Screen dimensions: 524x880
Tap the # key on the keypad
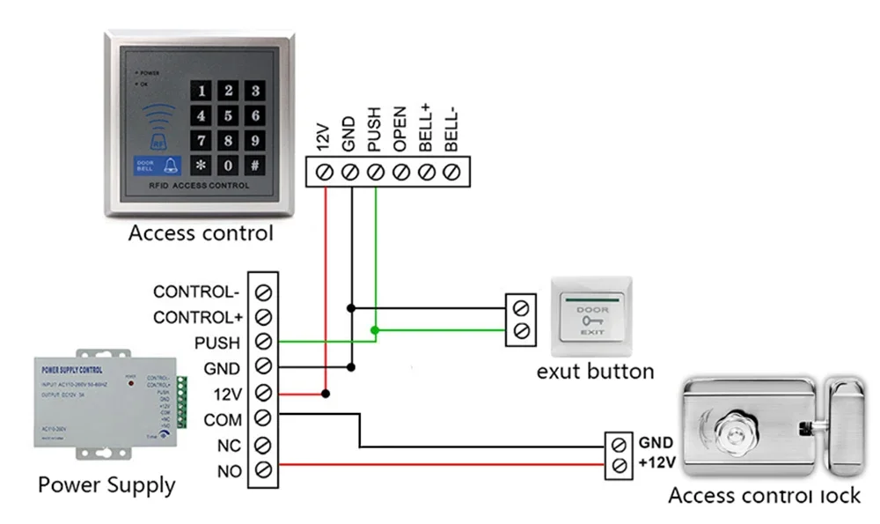click(254, 165)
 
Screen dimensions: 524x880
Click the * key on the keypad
click(202, 165)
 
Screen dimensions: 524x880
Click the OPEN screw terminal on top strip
click(401, 172)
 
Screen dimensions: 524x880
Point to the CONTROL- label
click(196, 292)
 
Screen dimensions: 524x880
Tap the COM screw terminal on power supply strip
click(263, 418)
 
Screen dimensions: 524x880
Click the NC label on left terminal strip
click(228, 446)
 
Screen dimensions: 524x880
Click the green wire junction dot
click(375, 331)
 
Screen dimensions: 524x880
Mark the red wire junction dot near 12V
click(326, 393)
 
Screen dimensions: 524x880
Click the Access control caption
click(201, 233)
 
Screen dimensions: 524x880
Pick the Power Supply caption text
click(106, 484)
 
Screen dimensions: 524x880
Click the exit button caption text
click(596, 371)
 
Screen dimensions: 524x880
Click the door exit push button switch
click(590, 316)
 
